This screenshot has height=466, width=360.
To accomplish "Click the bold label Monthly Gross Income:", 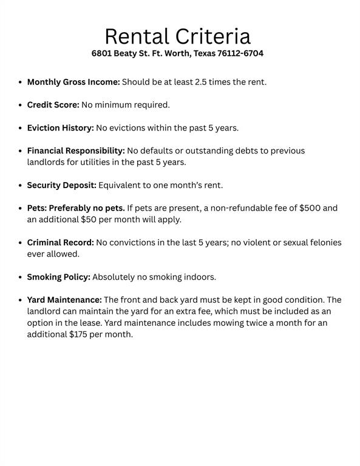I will (x=73, y=82).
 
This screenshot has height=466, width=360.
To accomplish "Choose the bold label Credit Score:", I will (x=53, y=105).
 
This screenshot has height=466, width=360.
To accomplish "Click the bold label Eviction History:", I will (x=60, y=128).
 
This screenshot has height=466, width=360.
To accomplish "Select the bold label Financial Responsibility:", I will (x=76, y=150).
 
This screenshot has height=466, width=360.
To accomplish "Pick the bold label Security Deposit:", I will (x=61, y=185).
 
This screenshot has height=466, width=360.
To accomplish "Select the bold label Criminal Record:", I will (x=60, y=243).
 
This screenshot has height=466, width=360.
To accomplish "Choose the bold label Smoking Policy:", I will (x=58, y=277).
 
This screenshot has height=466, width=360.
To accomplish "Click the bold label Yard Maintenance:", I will (x=64, y=300).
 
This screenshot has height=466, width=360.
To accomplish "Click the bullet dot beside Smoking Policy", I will (x=21, y=277).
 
